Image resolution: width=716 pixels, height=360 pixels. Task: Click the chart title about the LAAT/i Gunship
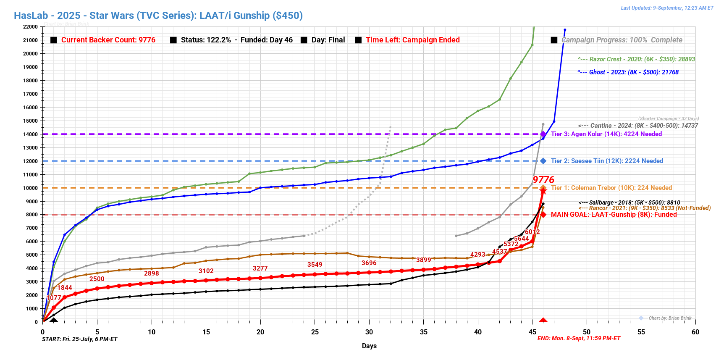158,16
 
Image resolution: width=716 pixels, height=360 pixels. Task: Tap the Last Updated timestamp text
667,8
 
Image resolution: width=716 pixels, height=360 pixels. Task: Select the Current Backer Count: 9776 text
108,40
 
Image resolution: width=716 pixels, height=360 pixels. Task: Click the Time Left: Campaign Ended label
412,40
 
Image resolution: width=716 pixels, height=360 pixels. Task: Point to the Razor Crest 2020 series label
636,59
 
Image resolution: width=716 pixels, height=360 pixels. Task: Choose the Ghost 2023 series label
628,72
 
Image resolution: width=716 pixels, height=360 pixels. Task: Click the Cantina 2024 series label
638,126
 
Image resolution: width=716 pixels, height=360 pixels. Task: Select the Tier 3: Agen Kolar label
606,134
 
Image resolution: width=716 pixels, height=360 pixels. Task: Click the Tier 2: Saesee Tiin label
607,161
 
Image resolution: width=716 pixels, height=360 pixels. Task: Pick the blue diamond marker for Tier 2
543,161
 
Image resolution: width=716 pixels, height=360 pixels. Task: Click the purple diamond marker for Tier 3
543,134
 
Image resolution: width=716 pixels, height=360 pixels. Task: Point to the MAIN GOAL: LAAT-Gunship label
614,215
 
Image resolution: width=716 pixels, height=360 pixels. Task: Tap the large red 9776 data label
543,180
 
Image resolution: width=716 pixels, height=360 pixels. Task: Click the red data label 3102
206,271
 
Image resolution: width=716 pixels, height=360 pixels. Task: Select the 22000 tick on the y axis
30,27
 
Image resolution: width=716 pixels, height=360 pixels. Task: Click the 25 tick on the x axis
315,332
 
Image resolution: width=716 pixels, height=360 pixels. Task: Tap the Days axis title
369,346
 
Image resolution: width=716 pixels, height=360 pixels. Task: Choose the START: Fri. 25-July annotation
80,339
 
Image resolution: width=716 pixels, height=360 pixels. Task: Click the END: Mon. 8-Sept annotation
579,339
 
